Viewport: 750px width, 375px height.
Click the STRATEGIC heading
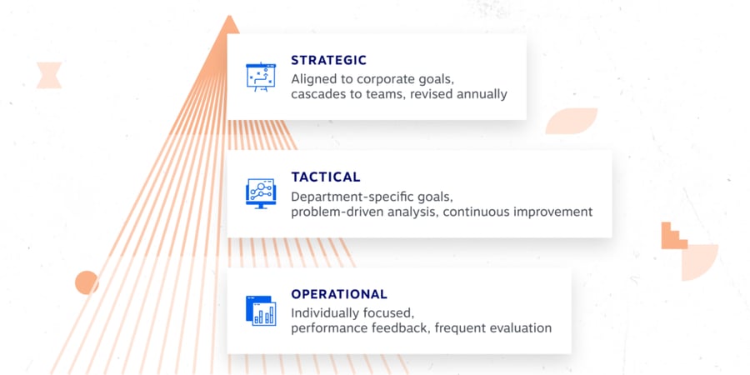tap(328, 61)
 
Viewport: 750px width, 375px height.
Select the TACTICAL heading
tap(326, 177)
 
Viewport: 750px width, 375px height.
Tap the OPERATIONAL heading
tap(339, 294)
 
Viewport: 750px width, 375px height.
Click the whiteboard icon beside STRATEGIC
tap(260, 76)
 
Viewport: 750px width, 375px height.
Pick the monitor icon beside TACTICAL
tap(260, 192)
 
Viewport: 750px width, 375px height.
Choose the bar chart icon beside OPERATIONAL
tap(260, 310)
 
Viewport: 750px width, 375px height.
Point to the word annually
tap(479, 94)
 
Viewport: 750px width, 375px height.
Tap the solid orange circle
tap(87, 282)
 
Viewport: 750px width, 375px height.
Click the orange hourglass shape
tap(49, 74)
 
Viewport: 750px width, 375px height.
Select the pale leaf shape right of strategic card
tap(571, 121)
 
